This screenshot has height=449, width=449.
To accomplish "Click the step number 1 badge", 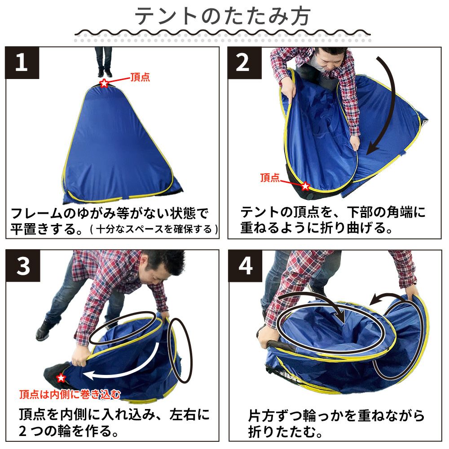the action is (x=22, y=63).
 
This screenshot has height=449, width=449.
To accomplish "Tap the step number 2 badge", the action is (x=244, y=63).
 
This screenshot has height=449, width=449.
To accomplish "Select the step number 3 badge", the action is (x=22, y=265).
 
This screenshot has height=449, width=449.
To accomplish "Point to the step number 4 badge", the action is (x=245, y=266).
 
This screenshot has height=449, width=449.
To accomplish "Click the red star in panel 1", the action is (x=104, y=84).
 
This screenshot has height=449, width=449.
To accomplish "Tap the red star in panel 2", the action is (x=305, y=186).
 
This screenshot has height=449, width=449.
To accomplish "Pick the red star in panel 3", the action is (x=61, y=378).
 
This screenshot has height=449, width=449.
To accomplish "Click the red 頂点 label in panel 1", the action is (x=140, y=77).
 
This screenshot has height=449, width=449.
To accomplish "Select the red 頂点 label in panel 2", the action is (x=270, y=177).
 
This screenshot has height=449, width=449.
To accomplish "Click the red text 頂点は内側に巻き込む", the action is (x=70, y=395).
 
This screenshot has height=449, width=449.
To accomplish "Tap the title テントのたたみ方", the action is (x=222, y=16).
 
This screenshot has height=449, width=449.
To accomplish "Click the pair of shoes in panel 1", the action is (x=104, y=72).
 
